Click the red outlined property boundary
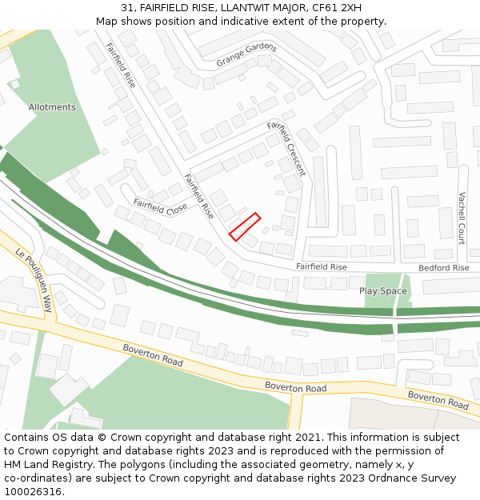pos(245,226)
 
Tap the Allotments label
pos(52,107)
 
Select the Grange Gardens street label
pos(246,54)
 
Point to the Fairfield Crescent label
pos(286,149)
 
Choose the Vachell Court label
pos(462,218)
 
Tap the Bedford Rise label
pos(444,267)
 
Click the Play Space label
pos(383,290)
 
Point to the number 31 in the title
pos(127,7)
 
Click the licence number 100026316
pos(33,492)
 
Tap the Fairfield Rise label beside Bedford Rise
pos(322,266)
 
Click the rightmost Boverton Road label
pos(438,400)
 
